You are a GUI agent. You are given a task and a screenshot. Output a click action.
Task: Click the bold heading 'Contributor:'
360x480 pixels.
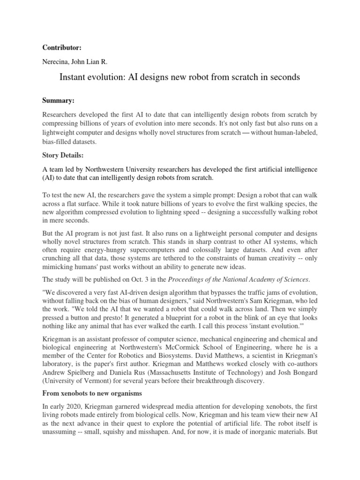62,47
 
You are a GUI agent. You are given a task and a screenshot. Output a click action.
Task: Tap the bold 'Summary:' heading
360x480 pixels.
59,100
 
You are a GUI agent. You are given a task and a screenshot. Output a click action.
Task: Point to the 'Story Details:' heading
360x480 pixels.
66,152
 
